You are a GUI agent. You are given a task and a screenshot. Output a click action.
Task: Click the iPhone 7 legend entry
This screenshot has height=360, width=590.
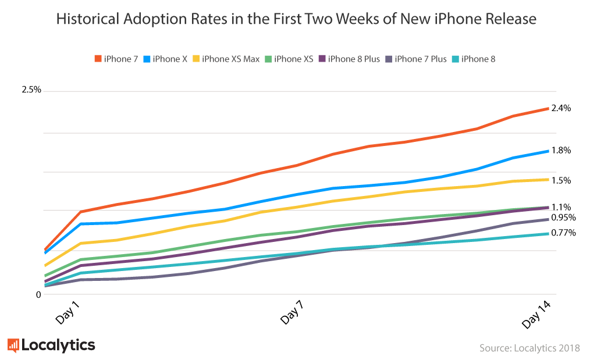pyautogui.click(x=116, y=59)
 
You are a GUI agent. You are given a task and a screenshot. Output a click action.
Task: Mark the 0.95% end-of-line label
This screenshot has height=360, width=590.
pyautogui.click(x=563, y=218)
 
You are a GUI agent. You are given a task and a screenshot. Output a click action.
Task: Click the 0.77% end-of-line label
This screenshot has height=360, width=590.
pyautogui.click(x=563, y=233)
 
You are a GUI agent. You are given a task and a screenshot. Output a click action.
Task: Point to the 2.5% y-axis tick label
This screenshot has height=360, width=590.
pyautogui.click(x=31, y=90)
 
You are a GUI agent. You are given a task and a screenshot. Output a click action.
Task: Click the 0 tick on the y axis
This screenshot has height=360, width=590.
pyautogui.click(x=38, y=294)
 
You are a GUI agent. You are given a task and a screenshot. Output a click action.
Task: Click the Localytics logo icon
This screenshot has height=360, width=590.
pyautogui.click(x=13, y=345)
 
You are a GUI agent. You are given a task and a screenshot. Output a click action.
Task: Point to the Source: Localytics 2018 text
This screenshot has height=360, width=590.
pyautogui.click(x=529, y=348)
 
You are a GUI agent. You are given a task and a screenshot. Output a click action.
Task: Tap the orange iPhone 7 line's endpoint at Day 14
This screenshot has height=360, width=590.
pyautogui.click(x=548, y=108)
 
